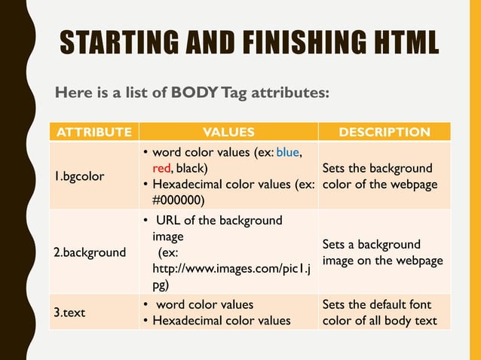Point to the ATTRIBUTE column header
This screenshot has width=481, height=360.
(x=91, y=133)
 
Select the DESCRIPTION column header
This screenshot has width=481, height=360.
(x=384, y=133)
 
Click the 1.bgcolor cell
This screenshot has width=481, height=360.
(x=78, y=176)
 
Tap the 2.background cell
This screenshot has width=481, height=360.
(x=90, y=252)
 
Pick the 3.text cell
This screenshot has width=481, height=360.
(x=69, y=313)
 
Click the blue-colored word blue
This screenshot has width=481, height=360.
(x=288, y=153)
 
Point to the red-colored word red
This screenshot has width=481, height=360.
(x=161, y=168)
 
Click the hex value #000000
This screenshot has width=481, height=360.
(x=178, y=200)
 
